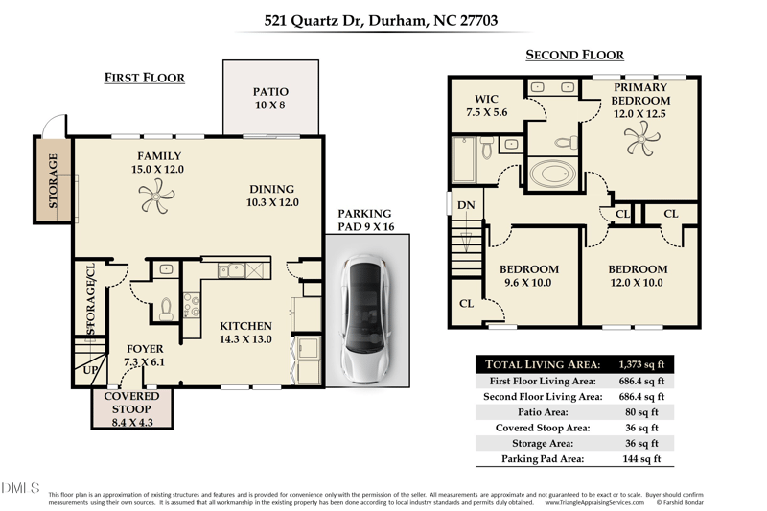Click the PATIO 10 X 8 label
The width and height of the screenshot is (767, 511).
click(x=270, y=99)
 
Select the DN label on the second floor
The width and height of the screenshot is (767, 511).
click(x=465, y=205)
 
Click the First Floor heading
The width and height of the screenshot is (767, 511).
click(x=144, y=78)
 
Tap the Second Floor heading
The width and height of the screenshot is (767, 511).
click(x=574, y=55)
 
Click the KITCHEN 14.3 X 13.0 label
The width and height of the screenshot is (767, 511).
click(x=245, y=333)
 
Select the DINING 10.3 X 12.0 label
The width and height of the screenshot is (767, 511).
click(x=272, y=196)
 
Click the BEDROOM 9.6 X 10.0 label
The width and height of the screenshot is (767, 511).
click(x=529, y=276)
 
